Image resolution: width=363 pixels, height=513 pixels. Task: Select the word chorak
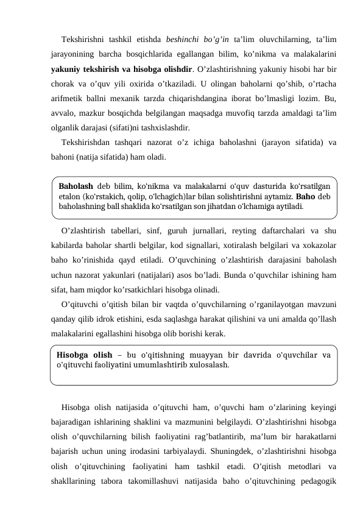63,83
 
